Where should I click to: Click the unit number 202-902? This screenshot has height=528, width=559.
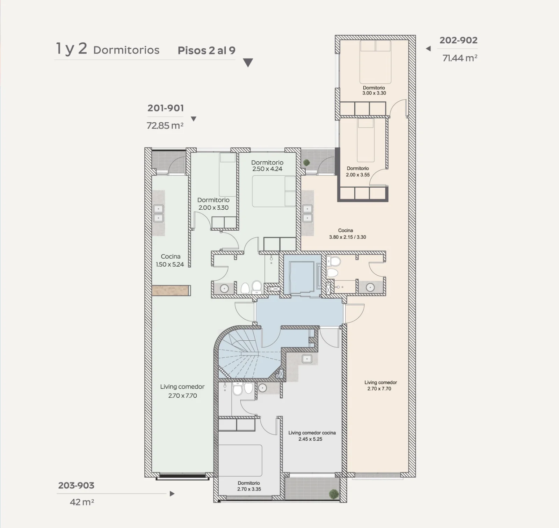458,40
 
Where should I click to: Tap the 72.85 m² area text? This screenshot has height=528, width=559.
165,125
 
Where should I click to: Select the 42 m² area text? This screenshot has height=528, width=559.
82,502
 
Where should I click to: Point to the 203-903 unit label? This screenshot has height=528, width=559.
76,485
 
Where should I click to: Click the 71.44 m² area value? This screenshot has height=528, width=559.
460,58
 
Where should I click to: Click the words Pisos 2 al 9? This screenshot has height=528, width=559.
206,50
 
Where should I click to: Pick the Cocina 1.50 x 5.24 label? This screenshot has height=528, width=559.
170,260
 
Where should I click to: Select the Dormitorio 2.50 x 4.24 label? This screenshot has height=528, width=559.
267,166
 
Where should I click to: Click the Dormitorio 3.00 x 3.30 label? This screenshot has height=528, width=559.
374,91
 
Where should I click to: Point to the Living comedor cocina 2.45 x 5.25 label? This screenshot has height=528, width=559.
312,436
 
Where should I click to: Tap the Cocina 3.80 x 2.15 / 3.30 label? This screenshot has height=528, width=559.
347,234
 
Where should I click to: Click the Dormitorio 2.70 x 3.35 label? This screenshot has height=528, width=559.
249,486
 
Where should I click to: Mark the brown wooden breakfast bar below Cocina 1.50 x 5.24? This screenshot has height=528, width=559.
171,290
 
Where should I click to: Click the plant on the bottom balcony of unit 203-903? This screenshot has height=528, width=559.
334,494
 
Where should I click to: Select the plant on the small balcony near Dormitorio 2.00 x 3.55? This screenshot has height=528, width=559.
307,162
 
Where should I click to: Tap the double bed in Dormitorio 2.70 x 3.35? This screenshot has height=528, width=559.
240,461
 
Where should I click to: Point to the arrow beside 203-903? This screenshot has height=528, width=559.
172,494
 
